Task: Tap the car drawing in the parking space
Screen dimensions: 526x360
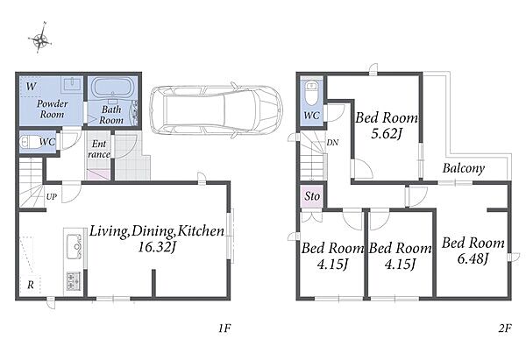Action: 217,110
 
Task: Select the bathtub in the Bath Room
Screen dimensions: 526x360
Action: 111,88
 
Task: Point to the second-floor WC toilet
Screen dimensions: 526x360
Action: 311,91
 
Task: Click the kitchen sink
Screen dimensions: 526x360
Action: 75,246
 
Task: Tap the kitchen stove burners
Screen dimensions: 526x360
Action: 74,281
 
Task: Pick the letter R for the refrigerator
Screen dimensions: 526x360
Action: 31,285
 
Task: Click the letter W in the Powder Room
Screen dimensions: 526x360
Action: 31,87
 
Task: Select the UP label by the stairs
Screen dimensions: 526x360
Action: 52,197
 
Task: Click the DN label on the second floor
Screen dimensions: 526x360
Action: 332,143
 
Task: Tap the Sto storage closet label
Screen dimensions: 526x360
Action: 312,196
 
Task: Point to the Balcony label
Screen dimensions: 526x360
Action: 464,168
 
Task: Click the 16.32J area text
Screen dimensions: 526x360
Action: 157,247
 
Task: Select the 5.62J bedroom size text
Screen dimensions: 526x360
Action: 386,134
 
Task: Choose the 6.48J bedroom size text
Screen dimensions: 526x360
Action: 473,258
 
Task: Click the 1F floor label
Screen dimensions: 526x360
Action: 224,328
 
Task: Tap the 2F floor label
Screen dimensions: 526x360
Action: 505,328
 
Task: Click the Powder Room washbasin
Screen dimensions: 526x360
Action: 71,83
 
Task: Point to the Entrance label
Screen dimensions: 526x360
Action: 99,149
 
